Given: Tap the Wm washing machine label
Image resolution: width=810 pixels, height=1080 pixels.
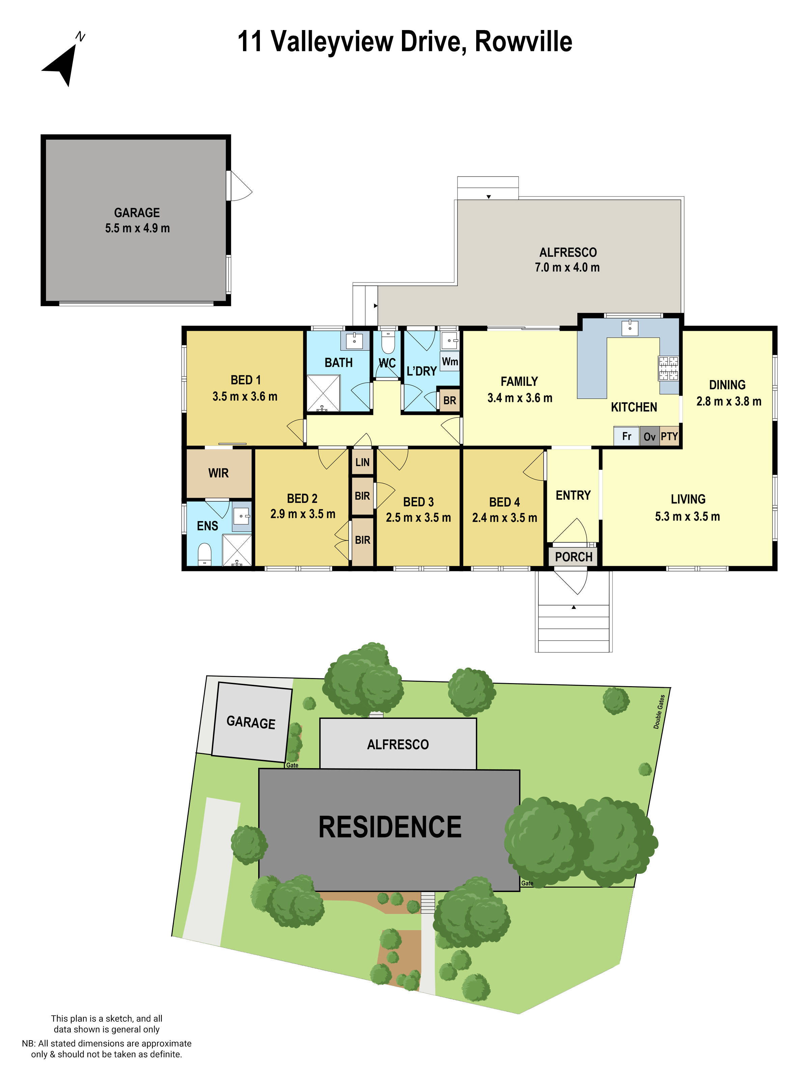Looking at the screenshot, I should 450,361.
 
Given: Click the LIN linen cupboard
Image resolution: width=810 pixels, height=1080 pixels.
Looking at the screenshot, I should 362,462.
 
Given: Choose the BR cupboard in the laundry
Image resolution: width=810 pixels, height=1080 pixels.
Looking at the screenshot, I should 450,400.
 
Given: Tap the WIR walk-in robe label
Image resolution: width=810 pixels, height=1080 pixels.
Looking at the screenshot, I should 218,473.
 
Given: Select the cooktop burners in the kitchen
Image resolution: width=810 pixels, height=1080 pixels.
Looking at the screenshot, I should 668,368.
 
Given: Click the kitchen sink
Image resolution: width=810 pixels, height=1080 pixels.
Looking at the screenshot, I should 630,328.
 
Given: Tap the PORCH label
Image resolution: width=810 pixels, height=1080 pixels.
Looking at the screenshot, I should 573,557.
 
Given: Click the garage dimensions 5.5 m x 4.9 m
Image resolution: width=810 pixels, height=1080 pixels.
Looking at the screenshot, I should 137,228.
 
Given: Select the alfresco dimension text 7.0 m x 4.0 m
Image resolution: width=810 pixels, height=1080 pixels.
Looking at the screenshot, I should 567,267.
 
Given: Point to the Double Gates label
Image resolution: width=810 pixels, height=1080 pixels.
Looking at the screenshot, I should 659,711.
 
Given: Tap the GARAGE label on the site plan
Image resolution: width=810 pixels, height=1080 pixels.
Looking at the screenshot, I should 251,722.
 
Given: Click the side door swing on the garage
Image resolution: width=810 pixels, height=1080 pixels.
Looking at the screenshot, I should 240,186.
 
